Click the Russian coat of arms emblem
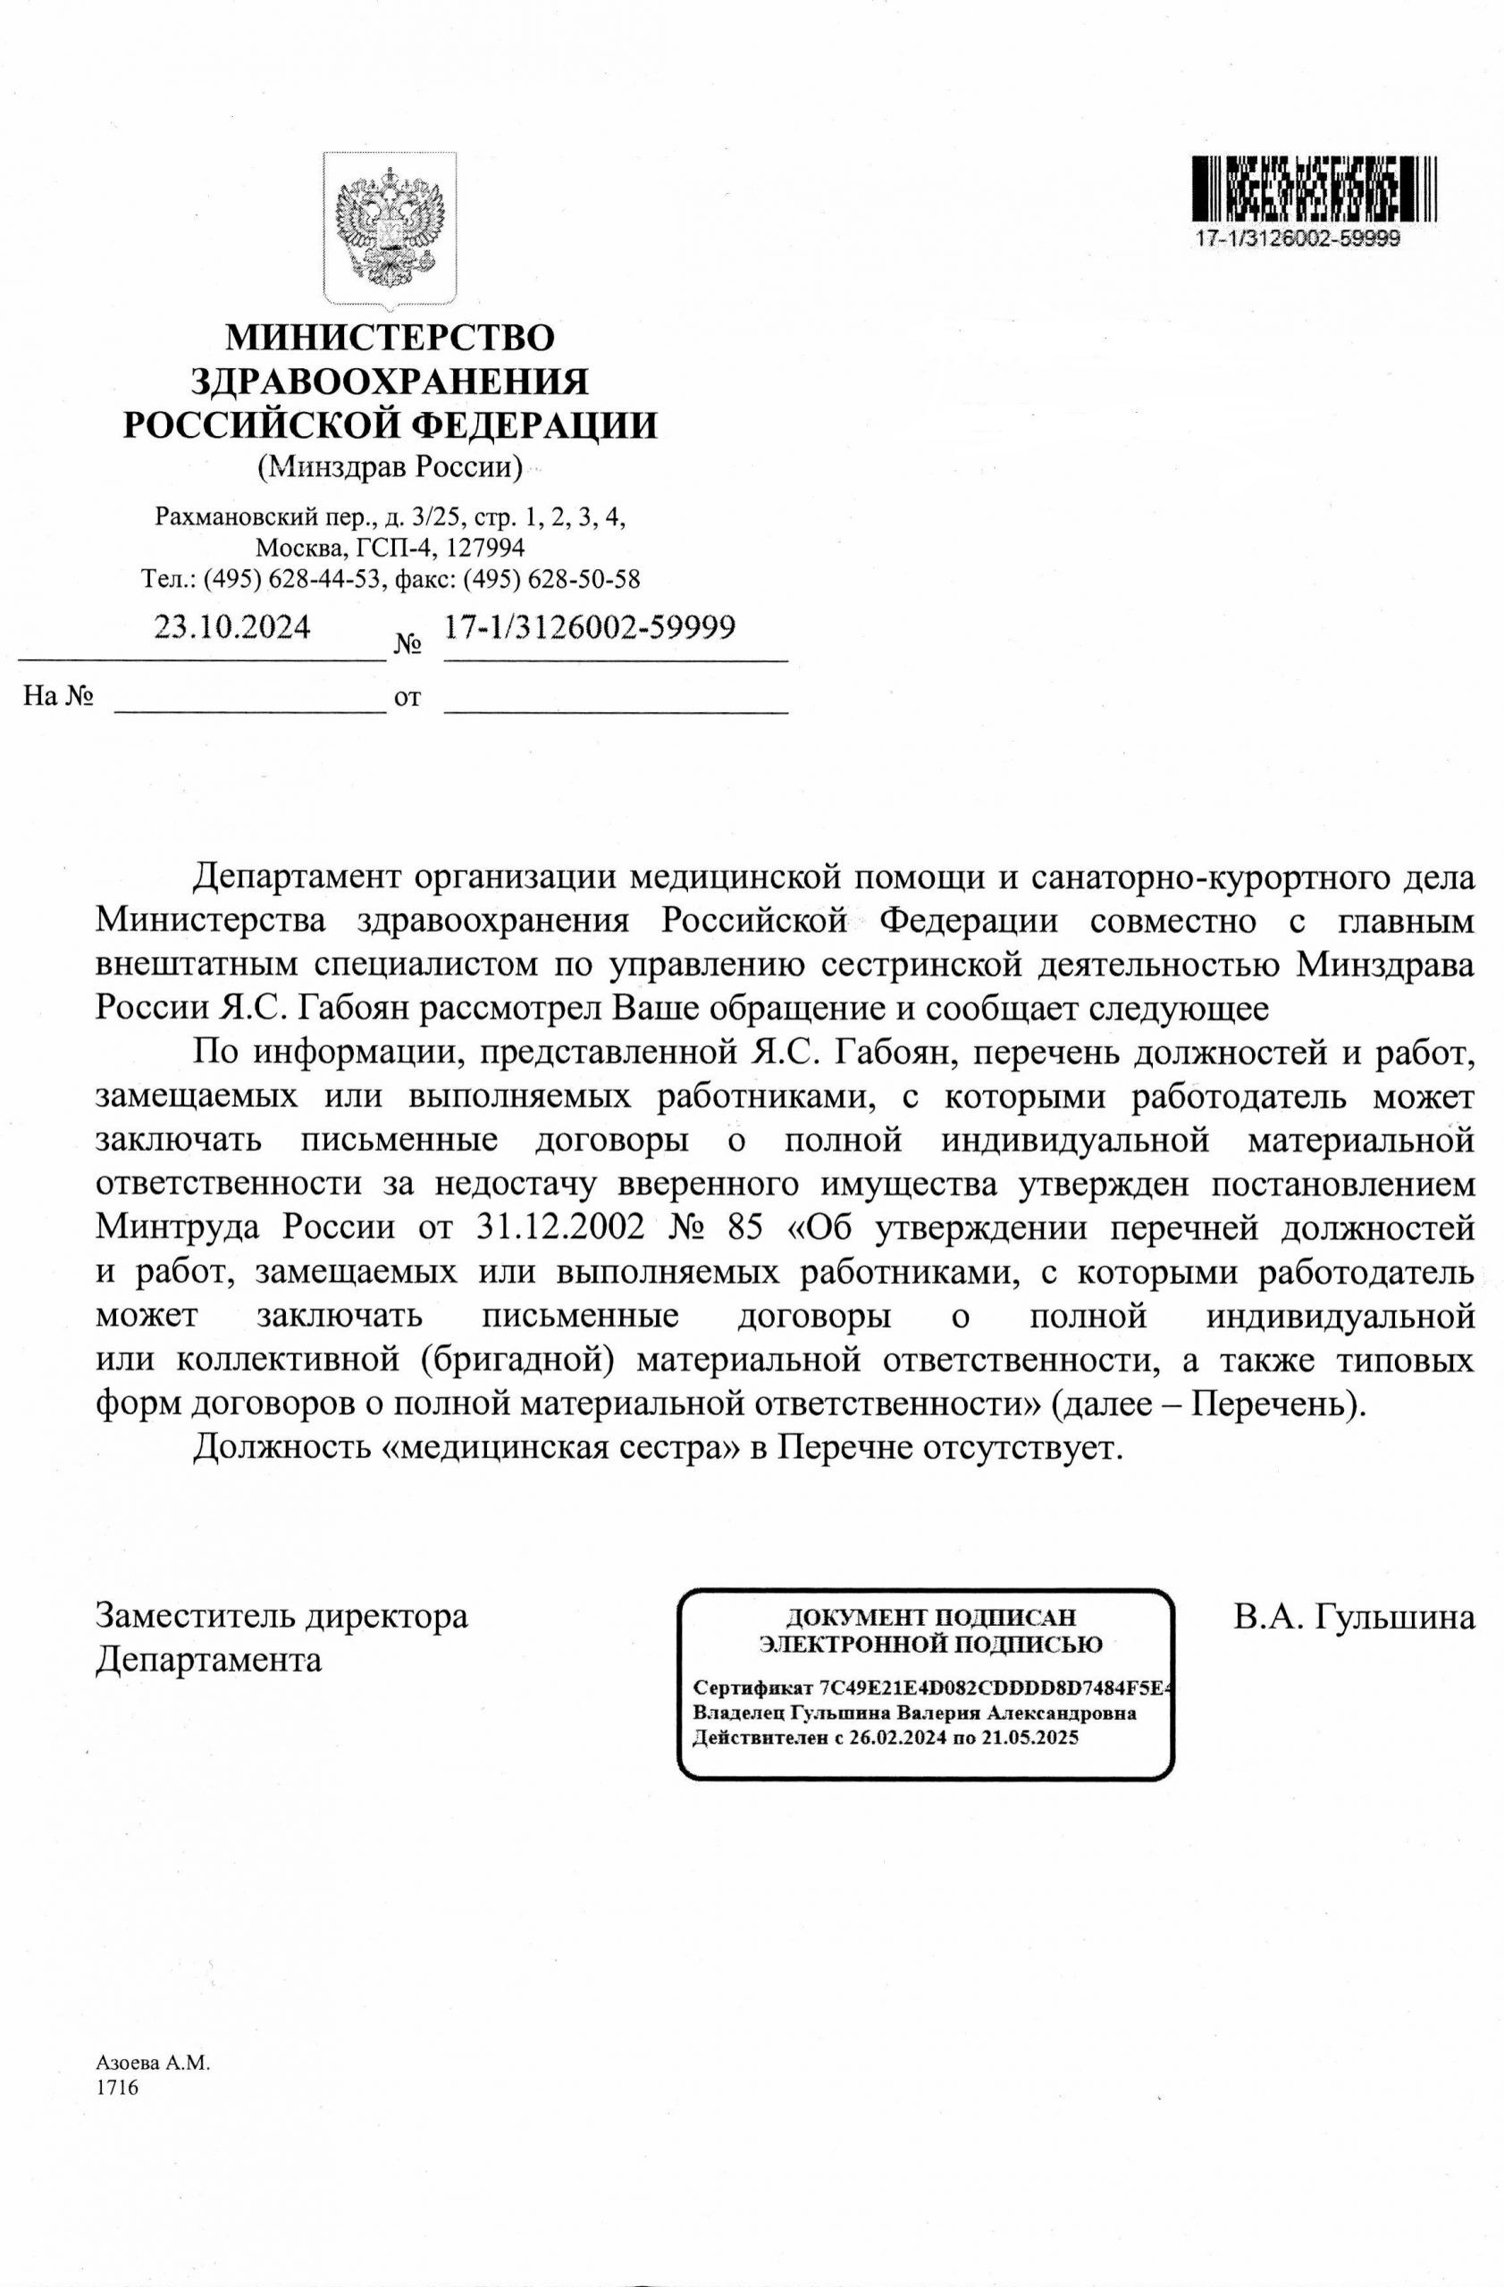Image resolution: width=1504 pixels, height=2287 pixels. (390, 230)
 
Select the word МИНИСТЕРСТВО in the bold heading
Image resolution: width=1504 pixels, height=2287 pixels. (390, 339)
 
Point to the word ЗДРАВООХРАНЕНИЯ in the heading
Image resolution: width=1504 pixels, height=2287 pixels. (390, 381)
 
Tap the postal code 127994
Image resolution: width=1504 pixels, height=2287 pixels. (481, 548)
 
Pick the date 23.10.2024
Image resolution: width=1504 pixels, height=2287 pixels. (232, 627)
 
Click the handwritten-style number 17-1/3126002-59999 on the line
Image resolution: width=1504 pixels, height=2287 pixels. (589, 627)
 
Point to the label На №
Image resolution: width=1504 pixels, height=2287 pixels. (58, 697)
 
